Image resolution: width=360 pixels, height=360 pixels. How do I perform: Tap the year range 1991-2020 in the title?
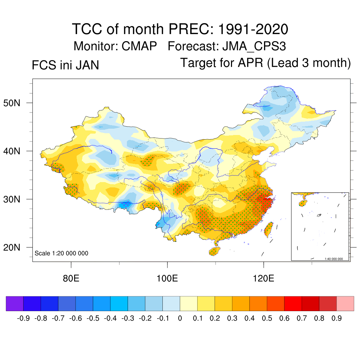253,29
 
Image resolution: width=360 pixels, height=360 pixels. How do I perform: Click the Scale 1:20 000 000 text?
62,253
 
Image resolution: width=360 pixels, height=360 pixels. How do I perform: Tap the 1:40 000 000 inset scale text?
336,259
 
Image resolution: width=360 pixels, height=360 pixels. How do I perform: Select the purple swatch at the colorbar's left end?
14,303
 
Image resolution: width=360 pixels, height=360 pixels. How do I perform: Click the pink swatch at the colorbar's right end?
345,303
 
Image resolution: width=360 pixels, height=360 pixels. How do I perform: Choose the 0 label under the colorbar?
180,319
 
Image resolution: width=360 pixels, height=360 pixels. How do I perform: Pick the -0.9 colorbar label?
23,319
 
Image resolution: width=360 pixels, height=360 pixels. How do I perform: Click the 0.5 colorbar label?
267,319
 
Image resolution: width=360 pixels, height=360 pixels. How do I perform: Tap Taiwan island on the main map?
269,229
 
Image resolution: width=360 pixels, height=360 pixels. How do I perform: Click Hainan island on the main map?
214,251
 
